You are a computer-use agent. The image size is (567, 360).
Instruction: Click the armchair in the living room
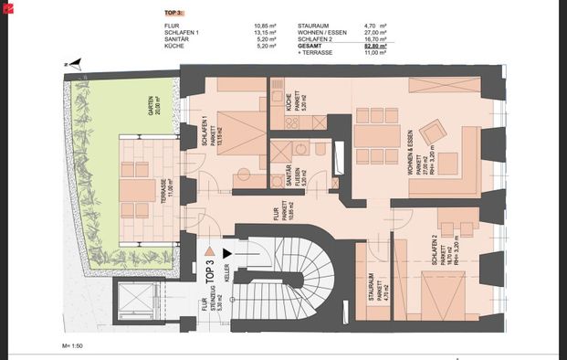pos(434,133)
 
